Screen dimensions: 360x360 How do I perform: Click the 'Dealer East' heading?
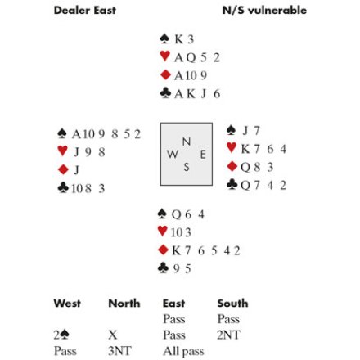pyautogui.click(x=85, y=11)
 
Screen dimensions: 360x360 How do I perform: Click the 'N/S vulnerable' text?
pyautogui.click(x=264, y=11)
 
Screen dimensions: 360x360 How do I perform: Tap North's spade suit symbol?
pyautogui.click(x=164, y=38)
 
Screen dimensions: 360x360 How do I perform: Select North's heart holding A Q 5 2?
pyautogui.click(x=197, y=57)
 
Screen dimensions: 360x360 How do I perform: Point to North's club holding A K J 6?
pyautogui.click(x=197, y=94)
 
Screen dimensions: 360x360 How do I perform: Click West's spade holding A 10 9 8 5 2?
pyautogui.click(x=106, y=134)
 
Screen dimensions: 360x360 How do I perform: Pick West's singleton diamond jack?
pyautogui.click(x=77, y=170)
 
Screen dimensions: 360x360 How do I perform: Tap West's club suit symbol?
pyautogui.click(x=63, y=188)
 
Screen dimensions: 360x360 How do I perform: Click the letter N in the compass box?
pyautogui.click(x=187, y=142)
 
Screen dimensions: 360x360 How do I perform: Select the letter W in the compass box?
pyautogui.click(x=173, y=155)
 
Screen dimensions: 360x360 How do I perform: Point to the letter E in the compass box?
pyautogui.click(x=203, y=155)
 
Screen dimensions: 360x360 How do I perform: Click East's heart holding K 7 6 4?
pyautogui.click(x=263, y=149)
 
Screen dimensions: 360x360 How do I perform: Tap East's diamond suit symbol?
pyautogui.click(x=232, y=166)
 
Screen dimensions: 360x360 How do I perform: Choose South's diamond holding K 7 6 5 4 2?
pyautogui.click(x=206, y=250)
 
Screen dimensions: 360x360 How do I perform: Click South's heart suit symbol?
pyautogui.click(x=163, y=232)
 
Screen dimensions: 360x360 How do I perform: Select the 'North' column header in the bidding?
pyautogui.click(x=124, y=304)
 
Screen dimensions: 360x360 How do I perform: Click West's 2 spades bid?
pyautogui.click(x=61, y=335)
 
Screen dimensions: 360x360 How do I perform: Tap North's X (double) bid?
pyautogui.click(x=113, y=335)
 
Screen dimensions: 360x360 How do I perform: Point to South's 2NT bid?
pyautogui.click(x=228, y=335)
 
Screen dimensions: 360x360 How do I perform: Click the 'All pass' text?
pyautogui.click(x=183, y=352)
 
